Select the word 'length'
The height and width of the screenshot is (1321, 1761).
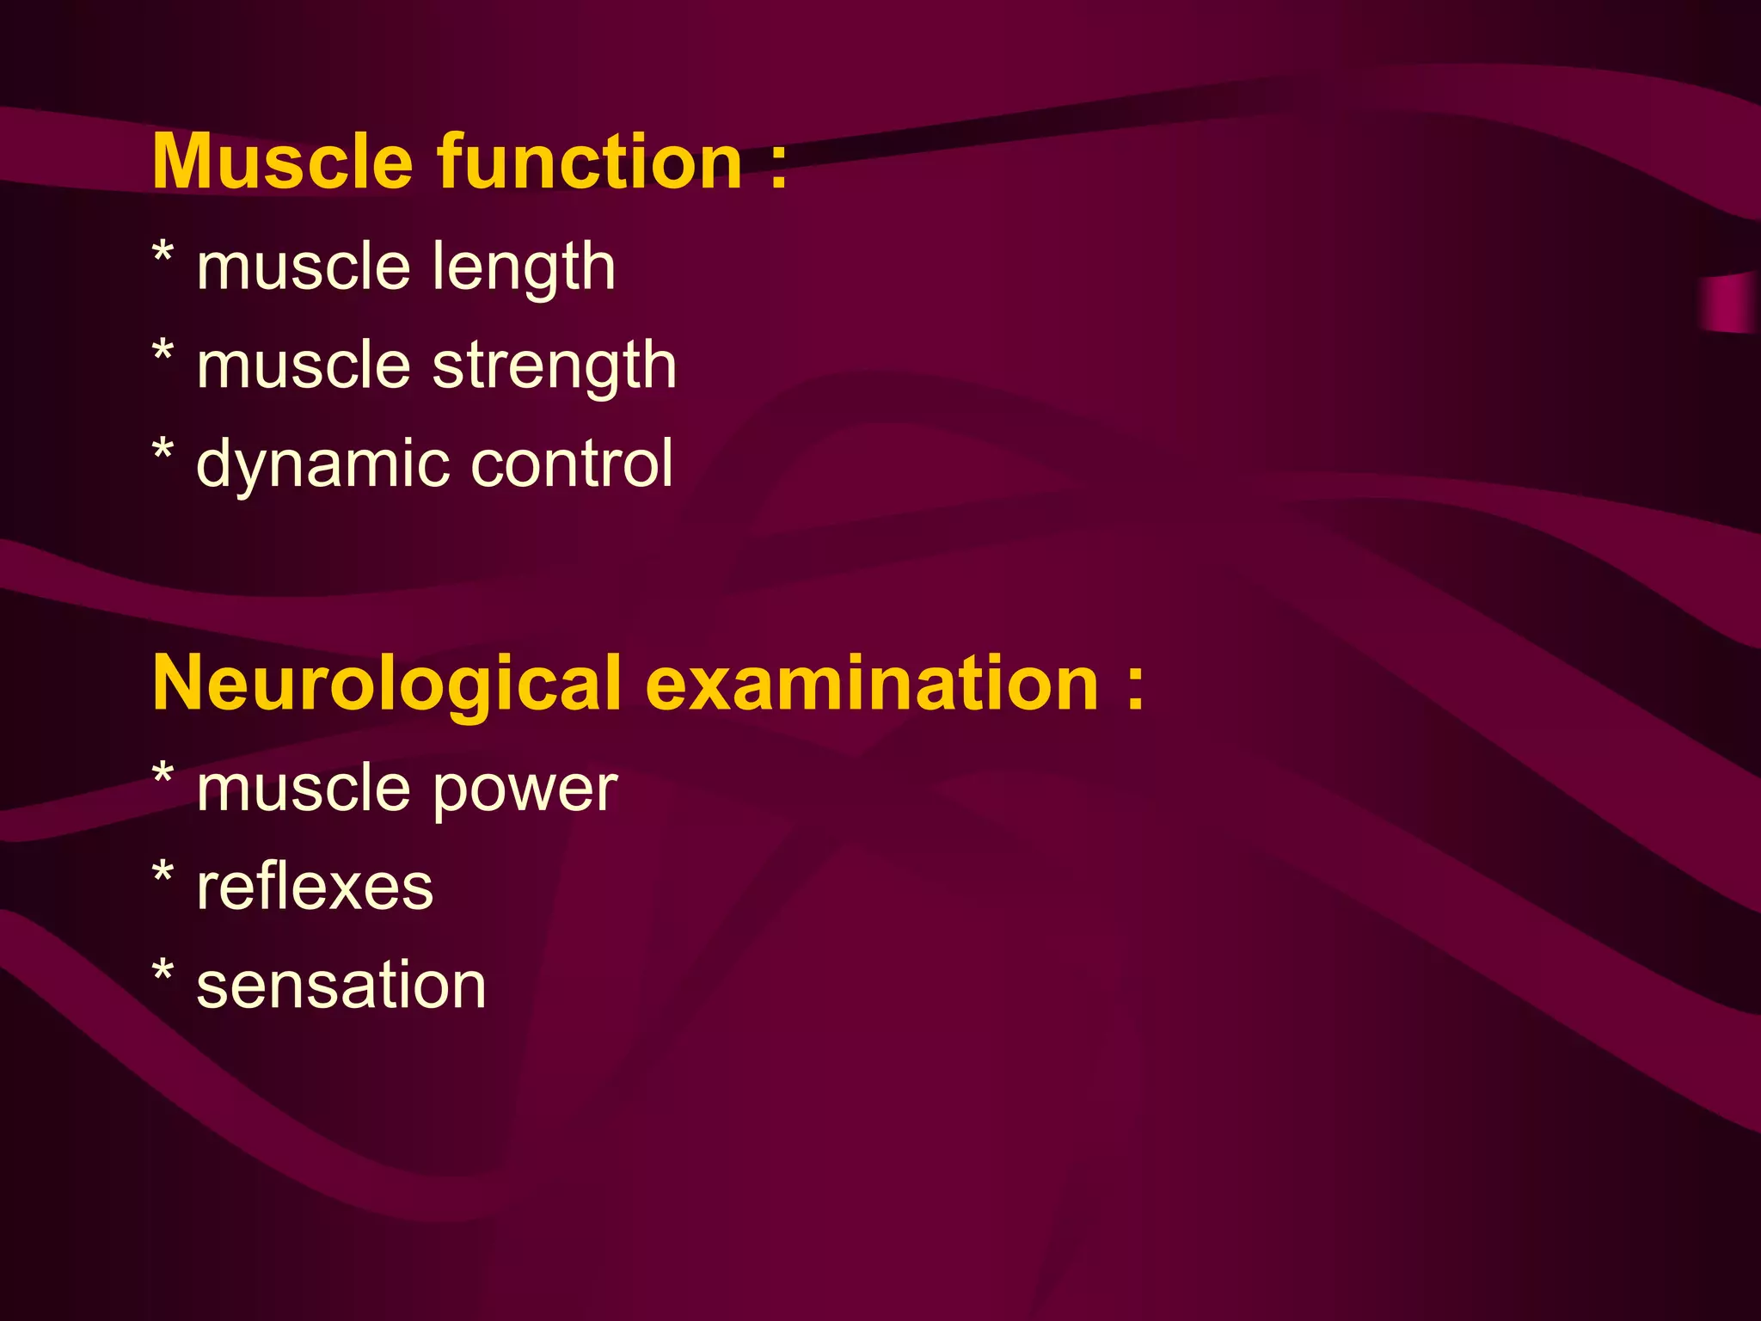524,267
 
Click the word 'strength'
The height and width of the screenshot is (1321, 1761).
555,366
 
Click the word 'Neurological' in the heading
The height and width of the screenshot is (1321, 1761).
386,684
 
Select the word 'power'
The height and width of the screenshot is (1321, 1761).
525,790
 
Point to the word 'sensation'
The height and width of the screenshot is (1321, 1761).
341,986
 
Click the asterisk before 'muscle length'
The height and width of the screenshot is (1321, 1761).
163,255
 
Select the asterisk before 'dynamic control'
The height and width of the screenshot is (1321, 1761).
163,452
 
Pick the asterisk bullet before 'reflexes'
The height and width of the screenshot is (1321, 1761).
163,875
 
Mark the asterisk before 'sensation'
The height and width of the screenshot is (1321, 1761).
163,974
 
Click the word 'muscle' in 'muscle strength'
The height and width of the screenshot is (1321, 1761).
304,366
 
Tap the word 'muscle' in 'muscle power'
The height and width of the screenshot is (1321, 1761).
304,790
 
